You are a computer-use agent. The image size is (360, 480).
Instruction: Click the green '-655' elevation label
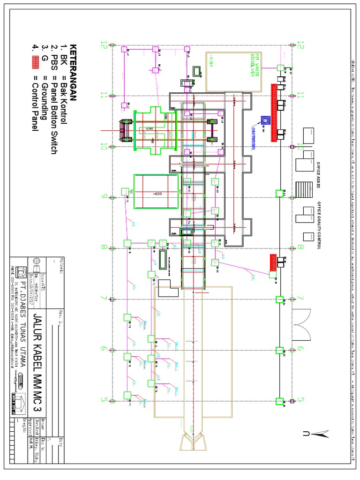coord(156,193)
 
